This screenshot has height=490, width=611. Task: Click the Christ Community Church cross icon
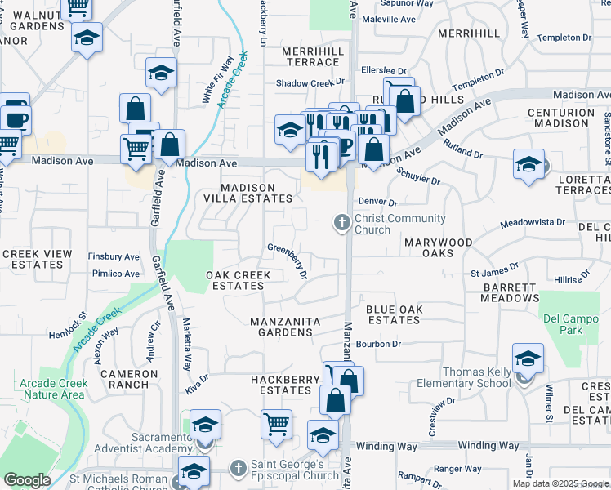[x=341, y=222]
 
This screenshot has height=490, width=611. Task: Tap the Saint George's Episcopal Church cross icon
[x=238, y=469]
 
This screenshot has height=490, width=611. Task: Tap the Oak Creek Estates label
[x=238, y=280]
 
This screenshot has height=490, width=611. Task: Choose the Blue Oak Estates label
[x=393, y=314]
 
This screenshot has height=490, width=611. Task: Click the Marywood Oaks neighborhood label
[x=438, y=248]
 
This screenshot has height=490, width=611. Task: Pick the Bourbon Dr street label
[x=378, y=344]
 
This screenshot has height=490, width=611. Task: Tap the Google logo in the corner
[x=27, y=480]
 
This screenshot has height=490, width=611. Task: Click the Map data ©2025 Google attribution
[x=560, y=483]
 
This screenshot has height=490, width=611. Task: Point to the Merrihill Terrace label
[x=312, y=56]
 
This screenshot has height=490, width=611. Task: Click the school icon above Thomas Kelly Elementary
[x=528, y=358]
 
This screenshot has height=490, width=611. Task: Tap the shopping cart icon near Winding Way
[x=277, y=424]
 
